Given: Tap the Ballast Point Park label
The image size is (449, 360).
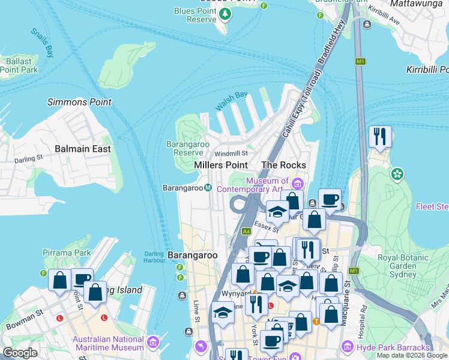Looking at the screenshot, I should click(x=19, y=65).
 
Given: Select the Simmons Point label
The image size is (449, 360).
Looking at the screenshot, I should click(x=79, y=102).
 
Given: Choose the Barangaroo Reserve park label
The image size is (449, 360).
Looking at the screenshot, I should click(x=184, y=148).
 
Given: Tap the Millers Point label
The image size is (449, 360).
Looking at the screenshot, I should click(x=221, y=165).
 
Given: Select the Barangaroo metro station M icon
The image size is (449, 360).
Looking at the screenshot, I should click(x=208, y=188).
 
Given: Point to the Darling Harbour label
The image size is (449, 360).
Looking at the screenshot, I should click(x=154, y=257).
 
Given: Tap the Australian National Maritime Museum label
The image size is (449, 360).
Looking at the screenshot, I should click(x=109, y=343).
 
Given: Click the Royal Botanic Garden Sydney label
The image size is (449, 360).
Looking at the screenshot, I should click(x=397, y=266).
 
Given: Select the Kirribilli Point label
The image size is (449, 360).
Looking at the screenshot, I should click(x=427, y=70).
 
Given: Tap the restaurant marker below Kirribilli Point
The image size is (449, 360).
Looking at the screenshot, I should click(x=379, y=136).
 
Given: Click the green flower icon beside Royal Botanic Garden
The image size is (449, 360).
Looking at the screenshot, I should click(x=396, y=175).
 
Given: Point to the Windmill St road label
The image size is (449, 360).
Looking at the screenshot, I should click(x=231, y=154).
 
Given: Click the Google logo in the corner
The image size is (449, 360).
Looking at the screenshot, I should click(x=20, y=353).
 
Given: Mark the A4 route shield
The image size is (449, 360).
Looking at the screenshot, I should click(x=246, y=231).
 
